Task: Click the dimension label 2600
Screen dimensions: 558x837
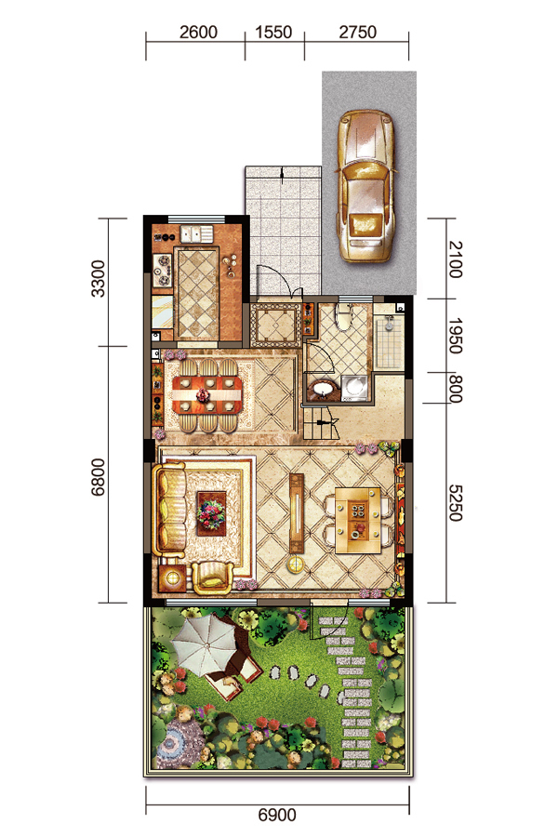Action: [x=198, y=32]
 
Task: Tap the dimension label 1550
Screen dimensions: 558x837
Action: [x=273, y=32]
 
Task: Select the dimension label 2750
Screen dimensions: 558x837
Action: [x=358, y=32]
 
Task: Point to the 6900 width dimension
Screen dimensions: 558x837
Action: [x=276, y=815]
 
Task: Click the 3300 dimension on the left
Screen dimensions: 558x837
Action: [x=99, y=279]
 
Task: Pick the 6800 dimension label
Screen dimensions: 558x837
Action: [x=99, y=478]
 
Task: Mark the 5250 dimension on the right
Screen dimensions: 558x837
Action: [x=455, y=503]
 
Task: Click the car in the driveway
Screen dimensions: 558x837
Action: [x=365, y=186]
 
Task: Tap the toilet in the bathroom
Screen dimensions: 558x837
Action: [x=344, y=317]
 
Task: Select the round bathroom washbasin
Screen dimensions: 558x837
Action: [x=323, y=388]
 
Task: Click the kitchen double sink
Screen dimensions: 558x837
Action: [x=196, y=233]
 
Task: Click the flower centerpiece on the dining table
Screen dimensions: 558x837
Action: [x=203, y=395]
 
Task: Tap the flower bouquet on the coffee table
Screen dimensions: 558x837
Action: [x=211, y=513]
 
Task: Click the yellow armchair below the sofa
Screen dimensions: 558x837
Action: [x=213, y=578]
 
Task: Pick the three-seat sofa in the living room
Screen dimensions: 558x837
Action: [x=170, y=511]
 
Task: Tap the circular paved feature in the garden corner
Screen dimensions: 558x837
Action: [x=172, y=741]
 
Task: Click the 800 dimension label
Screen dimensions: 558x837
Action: [x=455, y=388]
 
